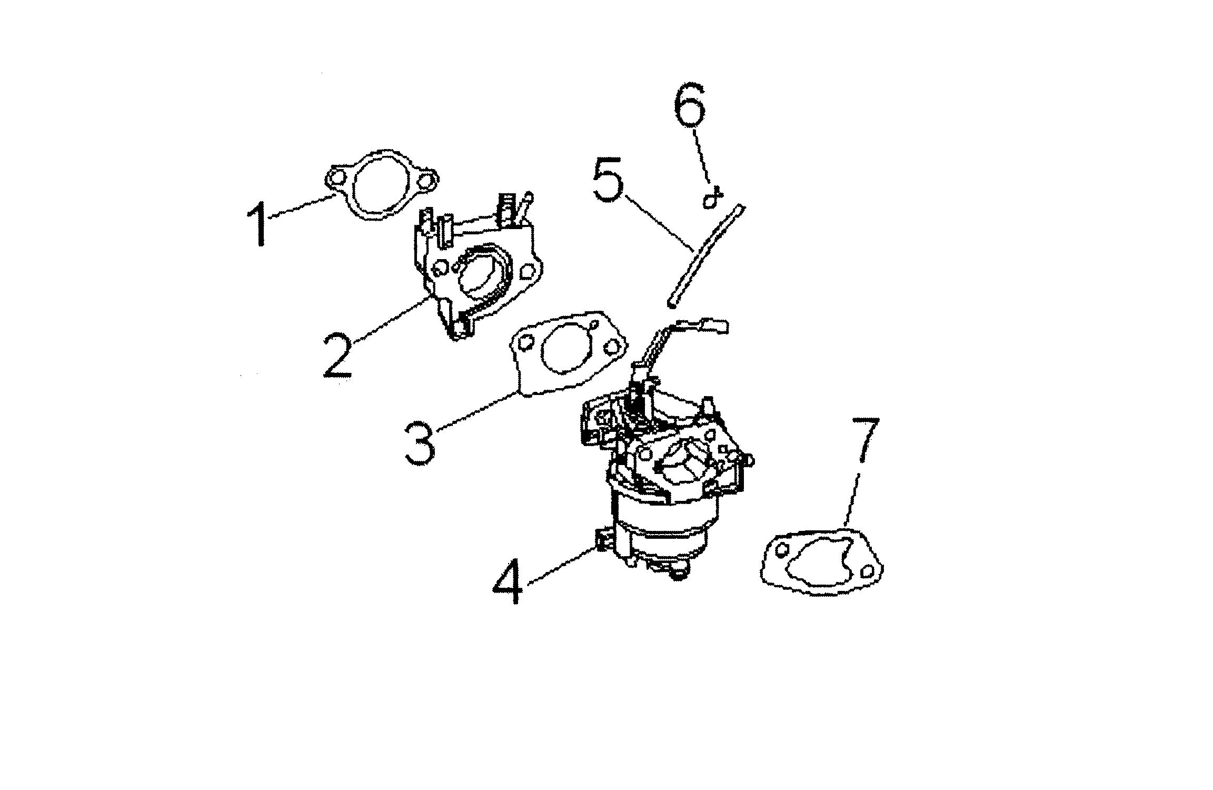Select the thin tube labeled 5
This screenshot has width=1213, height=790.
[x=705, y=255]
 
